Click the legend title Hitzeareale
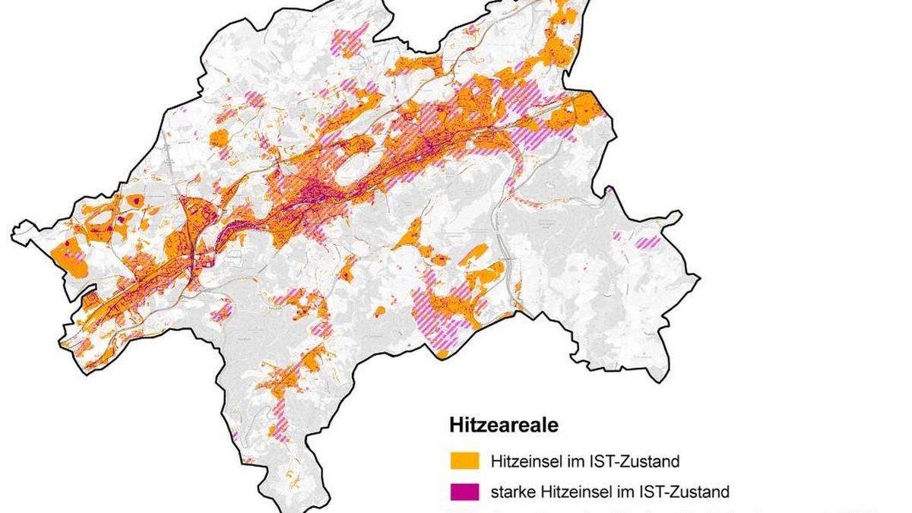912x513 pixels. pos(502,425)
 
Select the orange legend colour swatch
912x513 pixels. pos(464,461)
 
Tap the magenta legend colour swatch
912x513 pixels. pos(464,491)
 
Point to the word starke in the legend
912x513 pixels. pos(514,491)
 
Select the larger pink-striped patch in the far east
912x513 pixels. pos(648,242)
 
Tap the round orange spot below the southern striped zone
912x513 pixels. pos(442,353)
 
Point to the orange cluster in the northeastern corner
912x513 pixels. pos(559,38)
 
